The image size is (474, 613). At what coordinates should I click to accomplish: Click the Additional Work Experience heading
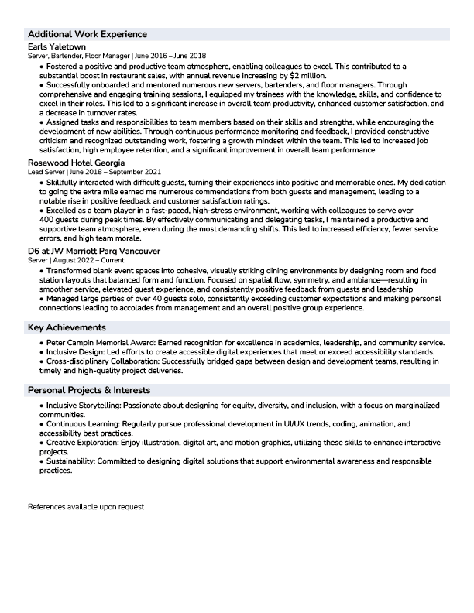[87, 35]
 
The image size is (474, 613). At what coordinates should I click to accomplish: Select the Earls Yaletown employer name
[57, 46]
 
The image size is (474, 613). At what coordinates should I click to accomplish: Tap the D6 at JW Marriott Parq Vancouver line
[94, 252]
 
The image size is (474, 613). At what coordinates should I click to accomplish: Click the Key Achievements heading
[67, 328]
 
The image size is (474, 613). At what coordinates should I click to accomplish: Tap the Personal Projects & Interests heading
[89, 390]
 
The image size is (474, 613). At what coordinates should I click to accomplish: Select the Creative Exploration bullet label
[81, 443]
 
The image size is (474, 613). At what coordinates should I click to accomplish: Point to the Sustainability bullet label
[70, 461]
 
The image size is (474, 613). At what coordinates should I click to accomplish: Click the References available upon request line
[86, 508]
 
